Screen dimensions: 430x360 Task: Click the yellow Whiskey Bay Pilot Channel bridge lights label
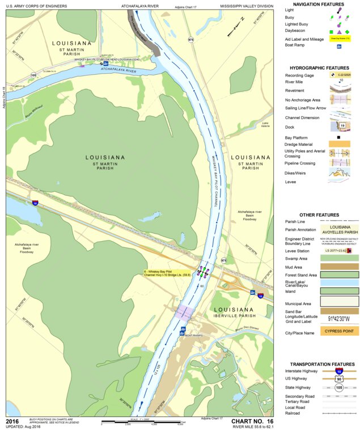[x=171, y=273]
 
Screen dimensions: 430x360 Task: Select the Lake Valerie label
[x=265, y=125]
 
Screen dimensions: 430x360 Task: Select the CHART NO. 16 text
[x=252, y=421]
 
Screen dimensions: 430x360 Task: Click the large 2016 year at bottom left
[x=12, y=421]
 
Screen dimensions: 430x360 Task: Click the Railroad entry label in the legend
[x=294, y=414]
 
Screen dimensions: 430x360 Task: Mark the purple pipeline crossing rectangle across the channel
[x=185, y=311]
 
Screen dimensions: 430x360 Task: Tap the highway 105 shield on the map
[x=33, y=74]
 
